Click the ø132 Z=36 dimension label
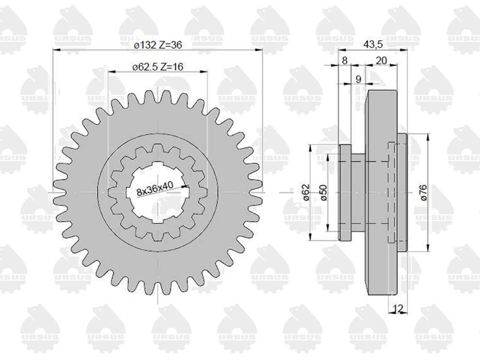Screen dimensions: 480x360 tap(157, 45)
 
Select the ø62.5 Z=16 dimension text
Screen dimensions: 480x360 tap(157, 67)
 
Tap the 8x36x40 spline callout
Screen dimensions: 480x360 tap(155, 188)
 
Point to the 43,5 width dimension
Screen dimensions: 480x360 tap(373, 44)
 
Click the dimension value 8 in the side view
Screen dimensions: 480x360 tap(344, 60)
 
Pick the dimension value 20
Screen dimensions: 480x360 tap(381, 60)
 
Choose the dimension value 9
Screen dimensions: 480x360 tap(358, 79)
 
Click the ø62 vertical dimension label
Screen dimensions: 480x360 tap(306, 192)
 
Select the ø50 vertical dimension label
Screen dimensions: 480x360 tap(324, 193)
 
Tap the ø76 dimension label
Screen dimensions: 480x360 tap(423, 193)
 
